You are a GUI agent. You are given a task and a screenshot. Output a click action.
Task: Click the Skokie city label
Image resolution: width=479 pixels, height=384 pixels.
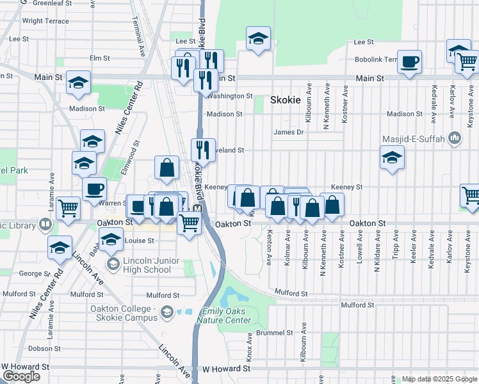[285, 100]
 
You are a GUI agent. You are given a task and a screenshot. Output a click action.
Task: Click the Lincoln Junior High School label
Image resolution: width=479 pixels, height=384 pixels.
[138, 265]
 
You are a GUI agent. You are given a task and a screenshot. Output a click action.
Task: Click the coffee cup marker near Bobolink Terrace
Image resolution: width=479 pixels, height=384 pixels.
[410, 62]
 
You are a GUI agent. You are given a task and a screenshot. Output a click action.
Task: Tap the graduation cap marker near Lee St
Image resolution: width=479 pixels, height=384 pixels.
[258, 40]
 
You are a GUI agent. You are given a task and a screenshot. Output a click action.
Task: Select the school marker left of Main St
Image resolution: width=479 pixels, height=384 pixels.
[79, 83]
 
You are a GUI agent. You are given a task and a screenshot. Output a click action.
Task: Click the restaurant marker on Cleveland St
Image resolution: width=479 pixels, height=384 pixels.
[203, 150]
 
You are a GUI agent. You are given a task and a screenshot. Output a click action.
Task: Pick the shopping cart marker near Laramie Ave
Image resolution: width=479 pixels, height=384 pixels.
[69, 207]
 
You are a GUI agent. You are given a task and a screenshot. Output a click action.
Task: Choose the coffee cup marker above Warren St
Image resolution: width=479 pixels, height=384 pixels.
[95, 189]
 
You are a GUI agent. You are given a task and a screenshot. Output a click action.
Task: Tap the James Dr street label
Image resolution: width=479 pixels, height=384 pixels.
[288, 132]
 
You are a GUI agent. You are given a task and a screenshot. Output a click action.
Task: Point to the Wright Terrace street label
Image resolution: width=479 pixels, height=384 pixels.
[45, 21]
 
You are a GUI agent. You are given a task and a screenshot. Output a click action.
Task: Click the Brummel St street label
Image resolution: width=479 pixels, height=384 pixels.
[275, 333]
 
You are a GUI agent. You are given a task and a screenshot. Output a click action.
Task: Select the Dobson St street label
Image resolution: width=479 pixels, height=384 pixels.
[44, 349]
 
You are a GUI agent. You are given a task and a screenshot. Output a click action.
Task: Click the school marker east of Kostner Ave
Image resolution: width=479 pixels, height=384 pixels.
[392, 157]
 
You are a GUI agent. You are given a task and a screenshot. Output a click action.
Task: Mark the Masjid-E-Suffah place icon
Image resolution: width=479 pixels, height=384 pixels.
[455, 137]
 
